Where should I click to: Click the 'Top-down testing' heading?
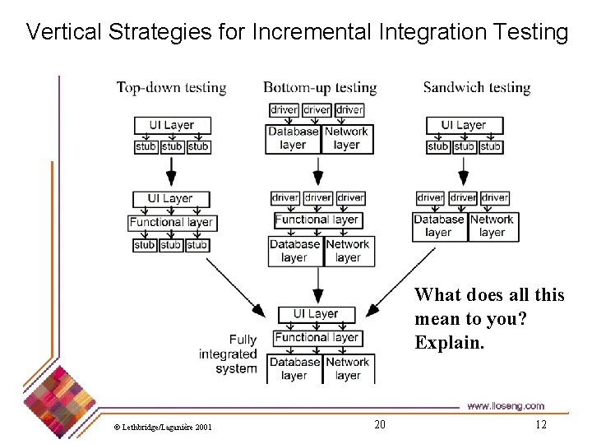tap(171, 87)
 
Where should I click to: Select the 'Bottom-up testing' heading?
tap(320, 87)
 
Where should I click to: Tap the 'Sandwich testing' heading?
tap(477, 87)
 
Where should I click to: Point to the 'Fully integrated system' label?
tap(229, 354)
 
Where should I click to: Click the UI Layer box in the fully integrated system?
tap(316, 314)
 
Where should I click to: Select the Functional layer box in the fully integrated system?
tap(317, 337)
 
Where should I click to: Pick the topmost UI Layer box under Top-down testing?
tap(172, 126)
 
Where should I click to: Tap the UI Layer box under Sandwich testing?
tap(465, 126)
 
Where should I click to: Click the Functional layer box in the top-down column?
tap(171, 222)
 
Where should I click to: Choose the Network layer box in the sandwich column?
tap(492, 226)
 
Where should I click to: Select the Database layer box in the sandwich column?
tap(439, 226)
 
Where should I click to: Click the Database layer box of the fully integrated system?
tap(294, 368)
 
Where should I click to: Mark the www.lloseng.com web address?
tap(505, 406)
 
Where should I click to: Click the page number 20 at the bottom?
tap(379, 424)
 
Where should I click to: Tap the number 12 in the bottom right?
tap(540, 424)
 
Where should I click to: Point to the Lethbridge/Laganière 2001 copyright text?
tap(163, 427)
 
